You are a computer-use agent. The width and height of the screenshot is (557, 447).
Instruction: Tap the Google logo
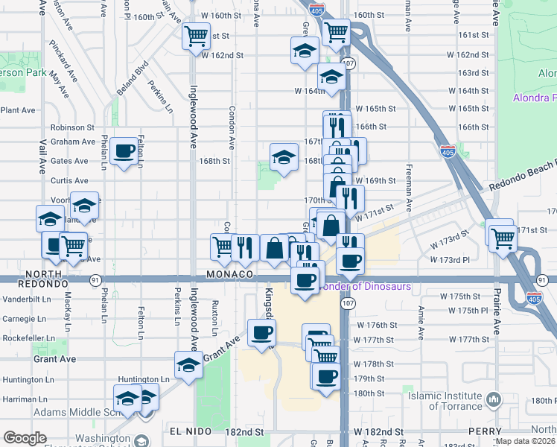click(25, 438)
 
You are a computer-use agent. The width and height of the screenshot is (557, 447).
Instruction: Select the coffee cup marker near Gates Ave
click(124, 153)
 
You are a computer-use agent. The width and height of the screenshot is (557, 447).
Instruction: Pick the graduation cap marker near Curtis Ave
click(85, 206)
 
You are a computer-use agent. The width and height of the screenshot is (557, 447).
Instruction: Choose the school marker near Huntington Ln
click(188, 366)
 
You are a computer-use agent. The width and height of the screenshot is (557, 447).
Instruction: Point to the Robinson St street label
click(72, 127)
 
